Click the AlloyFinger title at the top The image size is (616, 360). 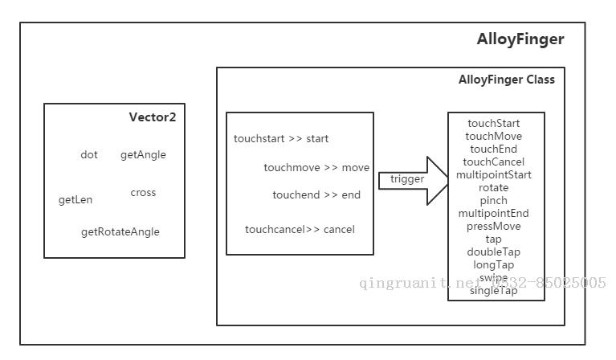click(520, 39)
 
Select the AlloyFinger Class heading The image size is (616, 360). click(506, 80)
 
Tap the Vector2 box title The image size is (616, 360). click(152, 117)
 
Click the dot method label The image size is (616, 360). click(89, 154)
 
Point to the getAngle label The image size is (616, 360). click(143, 154)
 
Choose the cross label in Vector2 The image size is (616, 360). click(143, 193)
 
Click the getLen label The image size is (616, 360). click(75, 199)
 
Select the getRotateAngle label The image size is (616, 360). click(120, 232)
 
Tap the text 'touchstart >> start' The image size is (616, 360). click(281, 139)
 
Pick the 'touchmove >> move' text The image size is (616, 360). click(316, 168)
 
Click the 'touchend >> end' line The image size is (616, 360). click(316, 195)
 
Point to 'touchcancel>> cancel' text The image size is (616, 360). click(300, 230)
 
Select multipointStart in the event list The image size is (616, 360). click(494, 174)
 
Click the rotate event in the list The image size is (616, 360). click(493, 187)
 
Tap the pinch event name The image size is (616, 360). click(493, 200)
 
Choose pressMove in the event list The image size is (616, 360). click(493, 227)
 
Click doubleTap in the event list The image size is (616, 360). click(493, 252)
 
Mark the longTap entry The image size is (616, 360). click(493, 265)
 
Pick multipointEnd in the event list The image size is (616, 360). click(493, 214)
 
